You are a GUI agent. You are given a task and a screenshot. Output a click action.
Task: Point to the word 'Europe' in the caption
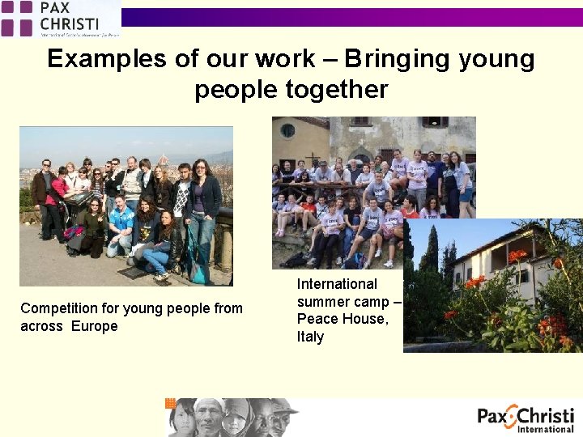(94, 326)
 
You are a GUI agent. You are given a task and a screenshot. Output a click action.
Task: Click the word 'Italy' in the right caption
(310, 337)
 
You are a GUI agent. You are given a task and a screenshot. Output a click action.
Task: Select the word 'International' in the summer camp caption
(337, 284)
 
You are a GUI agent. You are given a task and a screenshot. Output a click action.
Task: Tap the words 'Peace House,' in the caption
(343, 319)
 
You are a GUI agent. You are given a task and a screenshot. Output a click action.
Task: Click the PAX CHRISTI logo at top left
(60, 19)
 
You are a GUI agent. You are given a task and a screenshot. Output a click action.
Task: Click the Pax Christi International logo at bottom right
(526, 418)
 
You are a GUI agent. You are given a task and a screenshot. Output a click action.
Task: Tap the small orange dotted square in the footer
(170, 402)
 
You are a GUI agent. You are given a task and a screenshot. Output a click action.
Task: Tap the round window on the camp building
(287, 129)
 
